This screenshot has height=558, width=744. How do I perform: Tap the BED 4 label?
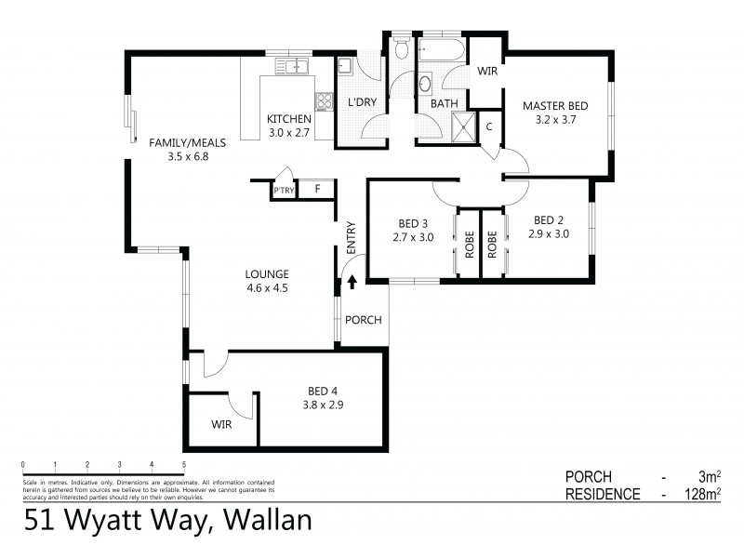[324, 391]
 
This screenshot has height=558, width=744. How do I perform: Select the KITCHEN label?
[288, 118]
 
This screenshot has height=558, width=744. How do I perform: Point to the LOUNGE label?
[267, 273]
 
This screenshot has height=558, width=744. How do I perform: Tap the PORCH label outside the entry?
[363, 320]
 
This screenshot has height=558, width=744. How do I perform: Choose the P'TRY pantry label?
[283, 192]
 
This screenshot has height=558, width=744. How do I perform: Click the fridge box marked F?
[317, 190]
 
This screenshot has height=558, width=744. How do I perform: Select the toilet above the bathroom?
[400, 46]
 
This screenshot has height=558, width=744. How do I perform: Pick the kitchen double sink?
[296, 66]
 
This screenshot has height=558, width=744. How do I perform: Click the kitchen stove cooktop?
[325, 102]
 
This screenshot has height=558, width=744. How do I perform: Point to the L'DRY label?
[361, 103]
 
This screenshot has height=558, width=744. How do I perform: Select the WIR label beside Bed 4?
[221, 424]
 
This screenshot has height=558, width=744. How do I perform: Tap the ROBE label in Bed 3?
[468, 244]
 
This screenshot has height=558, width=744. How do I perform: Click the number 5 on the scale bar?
[184, 463]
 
